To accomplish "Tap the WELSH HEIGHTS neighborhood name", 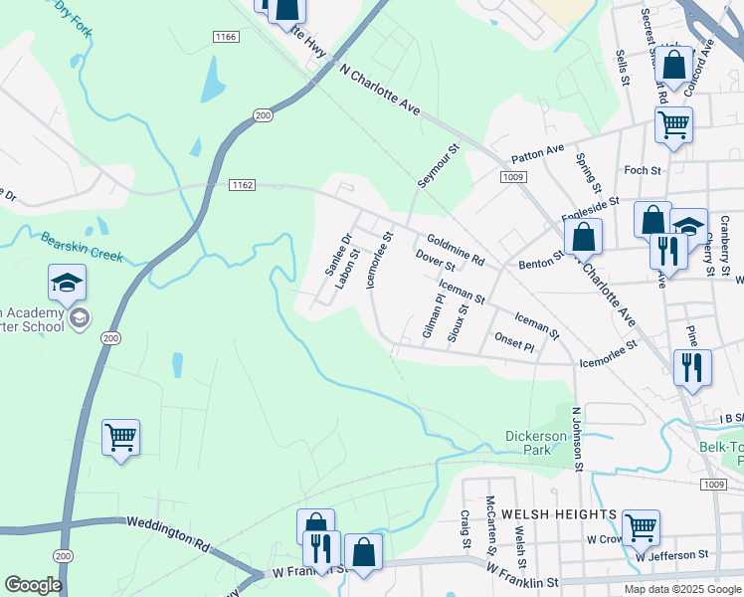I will (x=559, y=513).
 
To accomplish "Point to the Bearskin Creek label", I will (x=82, y=247).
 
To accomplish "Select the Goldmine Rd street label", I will (x=455, y=249).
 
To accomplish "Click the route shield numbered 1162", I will (x=242, y=185).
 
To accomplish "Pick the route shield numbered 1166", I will (x=226, y=37).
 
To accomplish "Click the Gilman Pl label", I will (x=433, y=315).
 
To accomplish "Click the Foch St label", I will (x=643, y=170).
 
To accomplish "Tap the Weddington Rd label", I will (x=168, y=535).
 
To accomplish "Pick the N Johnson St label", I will (x=576, y=438).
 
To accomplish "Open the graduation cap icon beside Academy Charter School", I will (x=67, y=284).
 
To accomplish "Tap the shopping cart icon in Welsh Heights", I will (x=640, y=525).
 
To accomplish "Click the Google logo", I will (x=33, y=585).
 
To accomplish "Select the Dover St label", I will (x=435, y=262).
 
